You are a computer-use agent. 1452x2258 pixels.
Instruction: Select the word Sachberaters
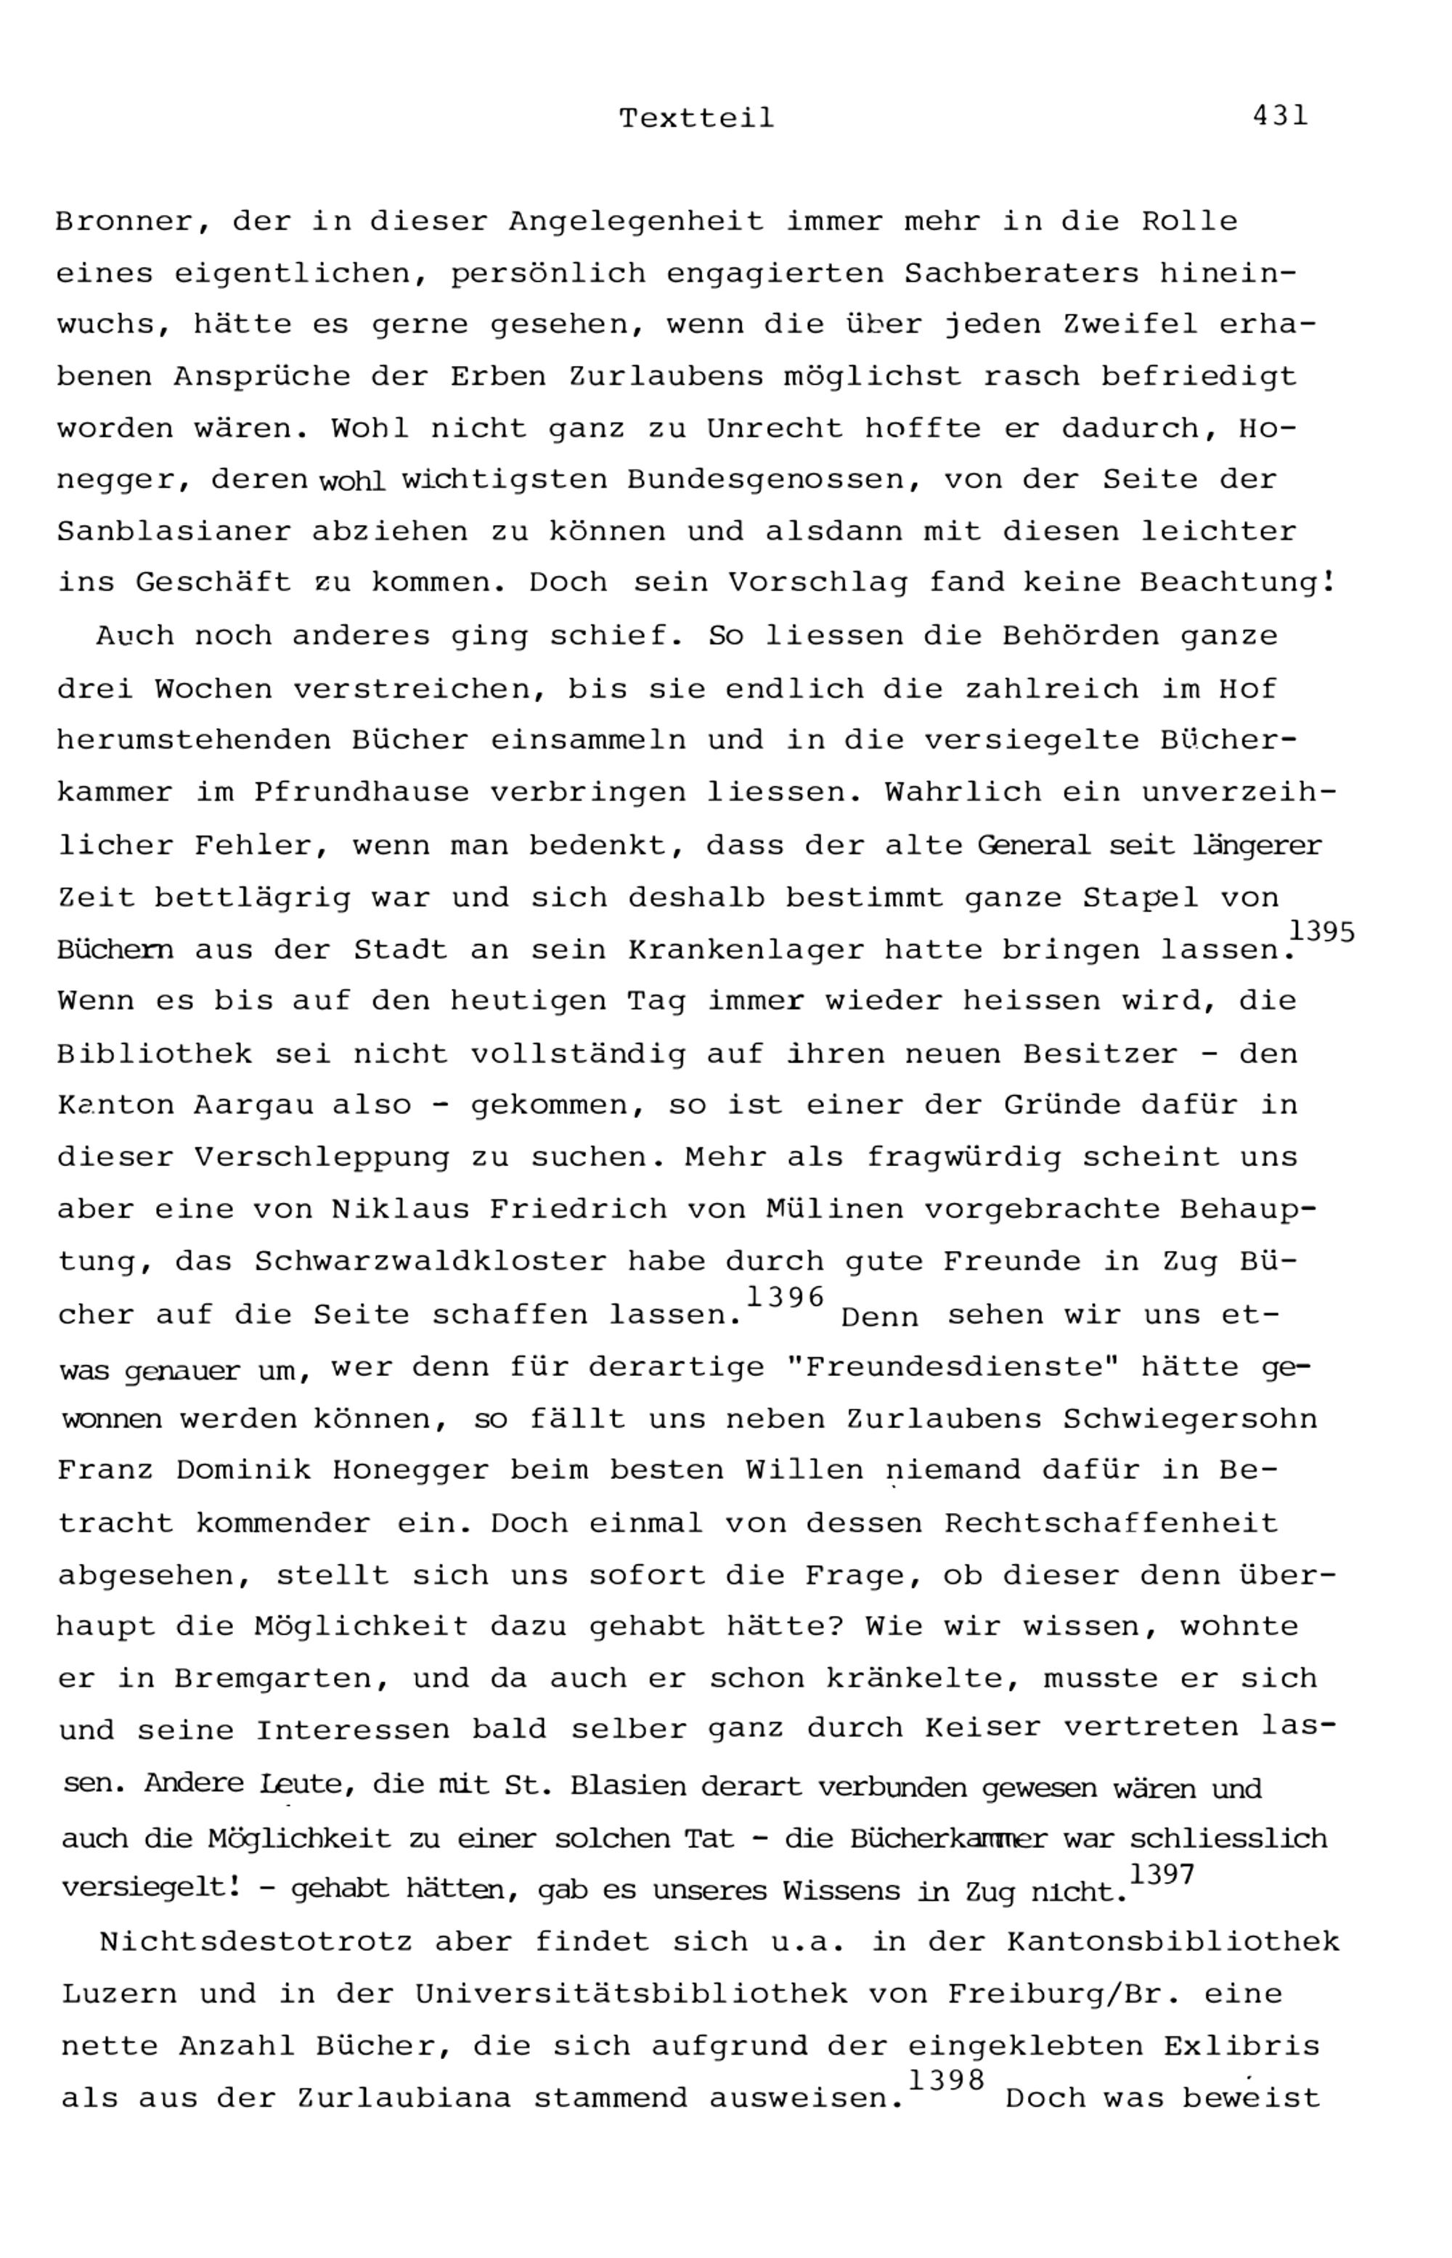click(x=1021, y=274)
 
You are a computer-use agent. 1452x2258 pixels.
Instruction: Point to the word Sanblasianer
click(x=174, y=531)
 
